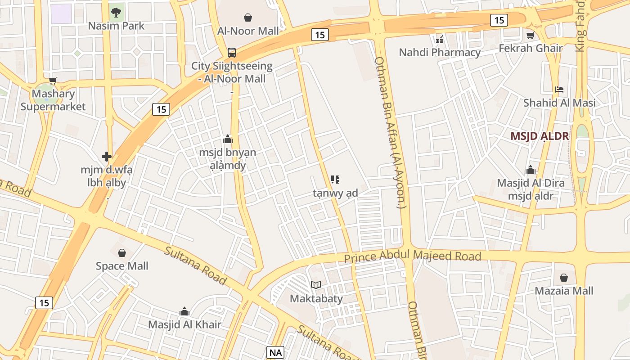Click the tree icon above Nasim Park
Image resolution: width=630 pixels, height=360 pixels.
click(x=116, y=12)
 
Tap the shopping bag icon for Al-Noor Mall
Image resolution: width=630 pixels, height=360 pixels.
click(x=247, y=18)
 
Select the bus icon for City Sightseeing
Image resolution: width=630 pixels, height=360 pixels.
click(x=231, y=53)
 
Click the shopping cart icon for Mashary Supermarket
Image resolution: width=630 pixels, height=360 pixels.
click(x=53, y=81)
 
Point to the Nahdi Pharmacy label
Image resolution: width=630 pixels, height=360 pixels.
click(x=440, y=52)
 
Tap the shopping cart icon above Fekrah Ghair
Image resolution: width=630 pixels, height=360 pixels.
click(x=530, y=35)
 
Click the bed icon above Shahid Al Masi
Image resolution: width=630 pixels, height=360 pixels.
click(x=559, y=90)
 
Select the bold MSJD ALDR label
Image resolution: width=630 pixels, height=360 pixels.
click(x=540, y=136)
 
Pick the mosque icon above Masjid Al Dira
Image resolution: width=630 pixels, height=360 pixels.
click(x=531, y=170)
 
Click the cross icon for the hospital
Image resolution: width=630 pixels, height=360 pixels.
click(x=107, y=157)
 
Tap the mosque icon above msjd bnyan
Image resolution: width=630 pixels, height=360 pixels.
click(x=228, y=139)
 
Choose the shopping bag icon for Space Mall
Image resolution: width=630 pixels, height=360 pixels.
click(x=121, y=252)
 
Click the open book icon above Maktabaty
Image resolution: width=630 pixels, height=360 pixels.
click(x=316, y=285)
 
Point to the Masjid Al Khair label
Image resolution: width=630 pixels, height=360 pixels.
click(x=184, y=324)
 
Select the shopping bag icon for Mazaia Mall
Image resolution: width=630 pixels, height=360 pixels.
click(x=563, y=278)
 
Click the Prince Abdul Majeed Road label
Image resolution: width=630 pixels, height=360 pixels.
click(x=413, y=257)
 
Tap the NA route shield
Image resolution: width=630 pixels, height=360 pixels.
click(x=275, y=352)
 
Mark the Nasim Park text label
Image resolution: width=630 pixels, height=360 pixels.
click(x=116, y=26)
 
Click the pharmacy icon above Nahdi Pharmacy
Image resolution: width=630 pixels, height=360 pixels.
click(x=440, y=40)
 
